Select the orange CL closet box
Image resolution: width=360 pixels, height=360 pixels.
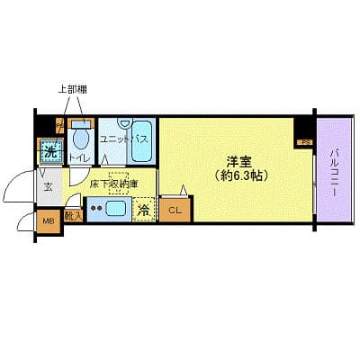click(175, 211)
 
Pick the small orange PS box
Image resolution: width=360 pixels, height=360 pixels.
click(306, 141)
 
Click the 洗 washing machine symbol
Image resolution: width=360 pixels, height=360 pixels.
click(50, 151)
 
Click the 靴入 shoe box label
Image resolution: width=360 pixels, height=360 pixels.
click(75, 214)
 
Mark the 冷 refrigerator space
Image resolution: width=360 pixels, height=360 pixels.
click(144, 211)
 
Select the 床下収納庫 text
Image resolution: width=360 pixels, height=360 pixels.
click(112, 184)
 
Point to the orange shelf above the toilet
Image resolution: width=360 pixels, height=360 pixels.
click(78, 121)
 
